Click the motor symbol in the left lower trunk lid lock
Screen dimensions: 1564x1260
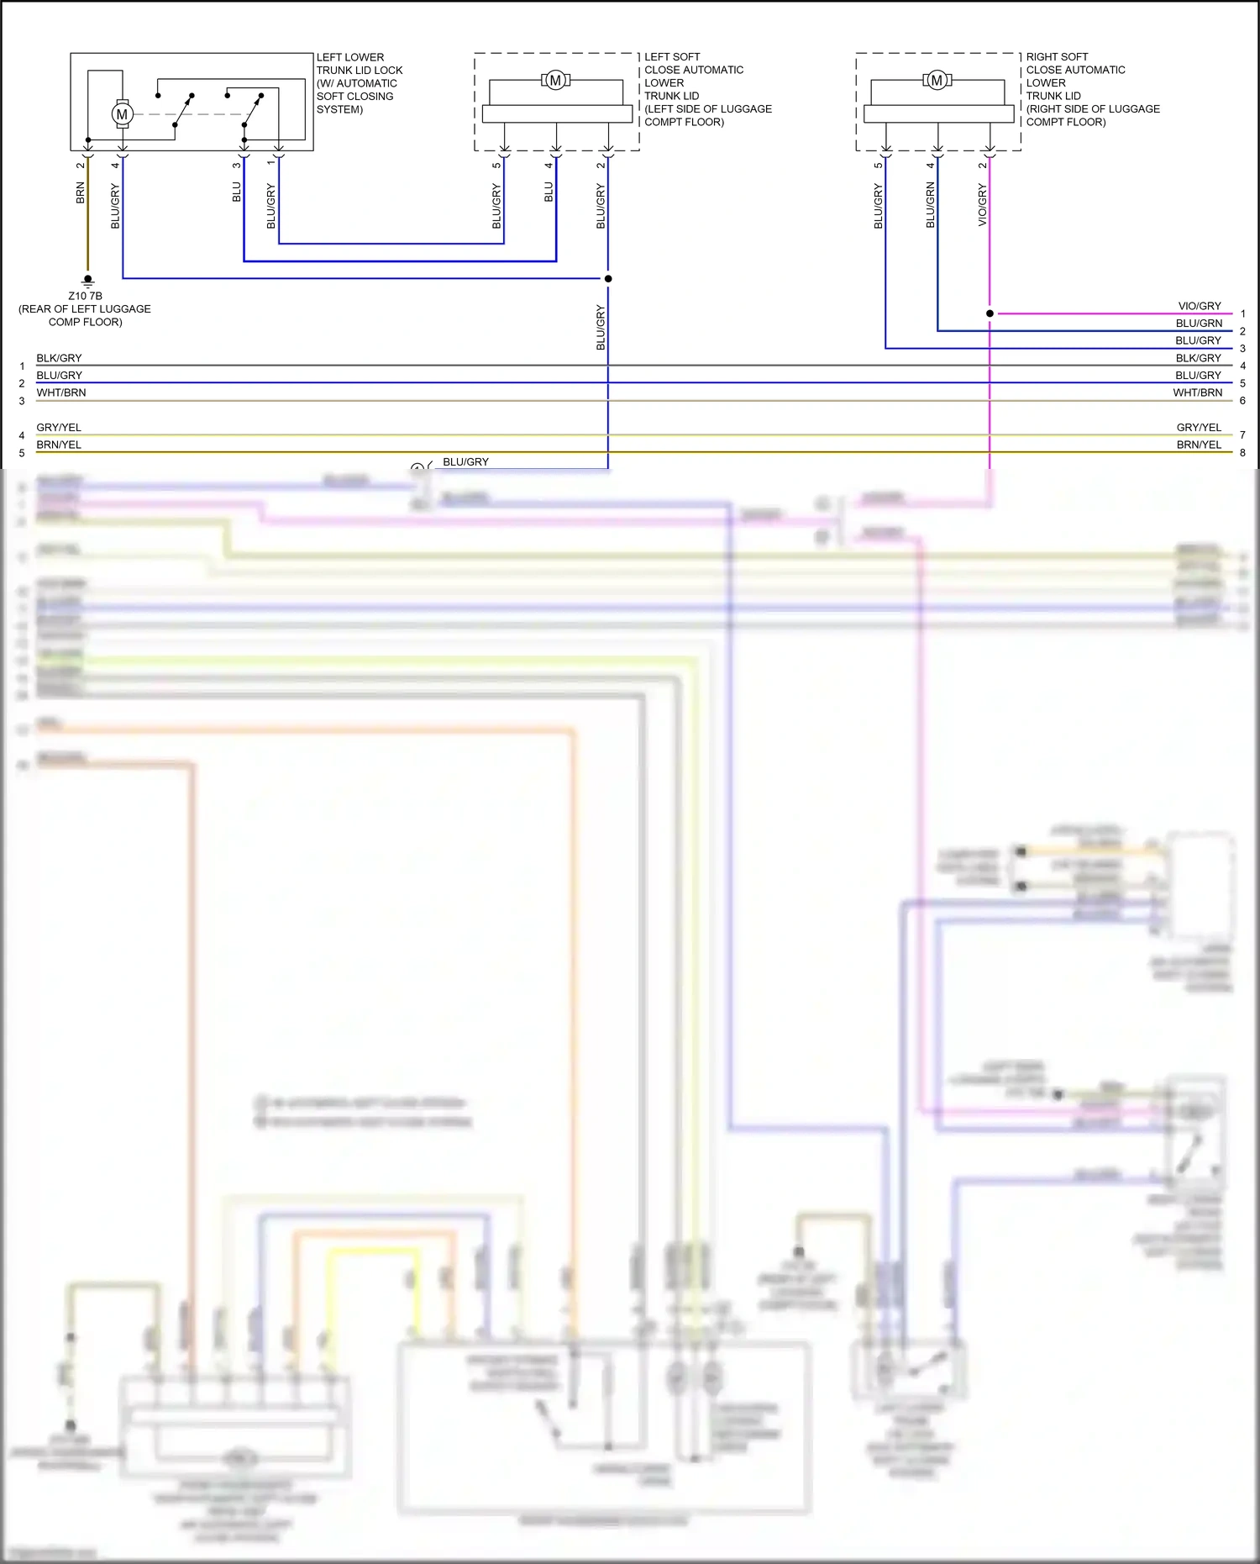122,114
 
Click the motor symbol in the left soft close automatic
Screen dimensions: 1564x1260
555,81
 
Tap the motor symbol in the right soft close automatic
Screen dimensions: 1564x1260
937,81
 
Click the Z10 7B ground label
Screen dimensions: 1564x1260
85,296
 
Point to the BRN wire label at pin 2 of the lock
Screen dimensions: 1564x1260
81,193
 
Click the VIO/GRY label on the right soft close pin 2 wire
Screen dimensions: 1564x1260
982,206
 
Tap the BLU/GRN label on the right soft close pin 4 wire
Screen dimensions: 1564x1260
930,206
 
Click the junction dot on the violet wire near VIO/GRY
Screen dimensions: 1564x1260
990,313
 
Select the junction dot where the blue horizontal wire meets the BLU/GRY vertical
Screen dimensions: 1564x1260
608,278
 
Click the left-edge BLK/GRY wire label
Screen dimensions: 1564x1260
59,358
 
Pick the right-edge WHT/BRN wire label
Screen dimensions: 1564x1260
1198,392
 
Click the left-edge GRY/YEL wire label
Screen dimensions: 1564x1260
59,428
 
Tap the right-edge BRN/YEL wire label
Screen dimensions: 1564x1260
1199,445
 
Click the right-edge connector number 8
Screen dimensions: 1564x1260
1242,453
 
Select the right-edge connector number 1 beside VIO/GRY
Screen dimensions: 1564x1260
1242,313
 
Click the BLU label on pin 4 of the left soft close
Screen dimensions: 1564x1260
549,192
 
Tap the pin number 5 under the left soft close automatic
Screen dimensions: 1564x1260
496,165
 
